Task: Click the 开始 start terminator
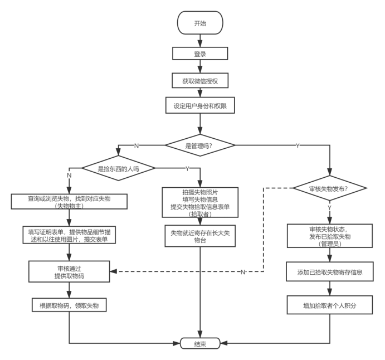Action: pos(200,23)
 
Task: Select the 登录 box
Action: pos(200,54)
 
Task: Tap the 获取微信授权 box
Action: pos(200,81)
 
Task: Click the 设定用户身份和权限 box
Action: pos(200,105)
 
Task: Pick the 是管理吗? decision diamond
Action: pos(200,145)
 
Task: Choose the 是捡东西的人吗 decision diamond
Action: pos(118,168)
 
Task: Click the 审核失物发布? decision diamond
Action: pos(329,188)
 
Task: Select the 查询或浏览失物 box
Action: pos(69,202)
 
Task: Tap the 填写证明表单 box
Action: pos(69,235)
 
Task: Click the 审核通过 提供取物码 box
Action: pos(69,271)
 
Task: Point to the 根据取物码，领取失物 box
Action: pos(69,305)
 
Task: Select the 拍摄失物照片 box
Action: pos(200,202)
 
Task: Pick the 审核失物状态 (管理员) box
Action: pos(329,236)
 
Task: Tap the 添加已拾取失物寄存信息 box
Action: pos(329,272)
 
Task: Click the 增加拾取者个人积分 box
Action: pos(329,305)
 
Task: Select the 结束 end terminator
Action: pos(200,343)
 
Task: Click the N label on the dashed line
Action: pos(242,272)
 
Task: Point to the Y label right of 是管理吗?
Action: pos(297,145)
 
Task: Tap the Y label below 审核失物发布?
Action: pos(329,208)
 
